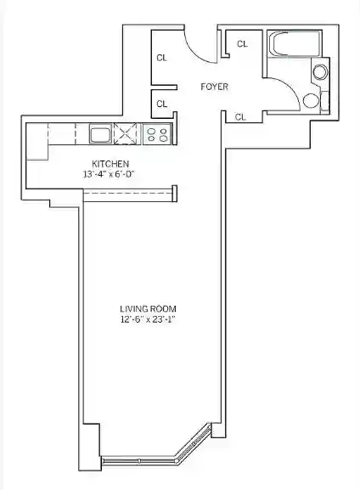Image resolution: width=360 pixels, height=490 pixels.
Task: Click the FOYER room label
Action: pos(214,87)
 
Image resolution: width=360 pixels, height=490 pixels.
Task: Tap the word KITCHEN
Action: pos(110,164)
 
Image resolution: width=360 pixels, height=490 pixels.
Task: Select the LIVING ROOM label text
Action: pos(148,309)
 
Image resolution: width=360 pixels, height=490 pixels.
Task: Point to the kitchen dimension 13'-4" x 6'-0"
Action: pos(109,174)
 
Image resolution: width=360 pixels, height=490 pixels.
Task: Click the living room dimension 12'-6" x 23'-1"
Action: pos(148,319)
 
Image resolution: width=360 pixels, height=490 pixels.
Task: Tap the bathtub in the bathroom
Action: pos(295,44)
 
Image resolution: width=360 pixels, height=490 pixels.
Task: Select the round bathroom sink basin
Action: pos(320,72)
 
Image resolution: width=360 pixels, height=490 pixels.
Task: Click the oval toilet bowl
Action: pos(312,100)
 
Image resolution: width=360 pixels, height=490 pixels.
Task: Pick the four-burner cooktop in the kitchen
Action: pos(158,134)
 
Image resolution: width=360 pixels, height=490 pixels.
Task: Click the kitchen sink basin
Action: pos(101,133)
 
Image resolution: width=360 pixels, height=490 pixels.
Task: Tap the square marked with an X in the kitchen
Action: pos(126,133)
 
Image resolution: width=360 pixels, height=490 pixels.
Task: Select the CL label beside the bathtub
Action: pos(242,44)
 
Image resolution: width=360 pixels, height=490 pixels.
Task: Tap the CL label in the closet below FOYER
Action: pos(240,117)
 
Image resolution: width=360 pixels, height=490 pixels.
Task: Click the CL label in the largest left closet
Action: pos(161,58)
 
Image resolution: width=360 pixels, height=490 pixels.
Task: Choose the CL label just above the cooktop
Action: pos(161,104)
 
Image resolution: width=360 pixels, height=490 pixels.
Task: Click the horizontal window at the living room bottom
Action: pos(139,460)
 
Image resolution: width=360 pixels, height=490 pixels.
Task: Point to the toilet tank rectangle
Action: pos(325,100)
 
